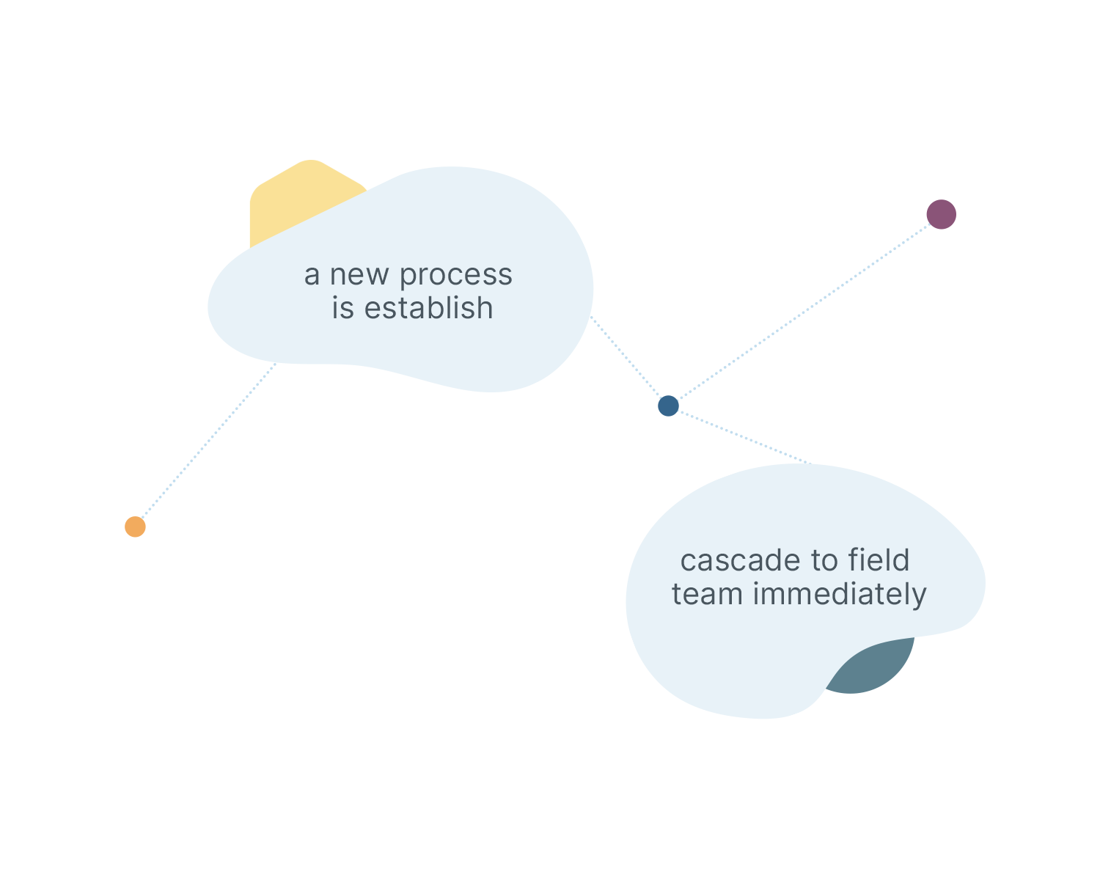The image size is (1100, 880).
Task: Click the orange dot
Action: [x=135, y=527]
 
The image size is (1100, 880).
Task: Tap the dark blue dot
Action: [x=668, y=406]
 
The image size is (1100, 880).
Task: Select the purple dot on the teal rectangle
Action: [x=941, y=214]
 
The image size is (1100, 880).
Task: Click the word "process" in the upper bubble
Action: [x=455, y=276]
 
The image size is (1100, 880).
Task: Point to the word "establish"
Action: [x=428, y=308]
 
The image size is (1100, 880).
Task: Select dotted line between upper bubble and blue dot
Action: [x=627, y=359]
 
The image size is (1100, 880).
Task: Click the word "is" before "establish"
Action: [x=342, y=308]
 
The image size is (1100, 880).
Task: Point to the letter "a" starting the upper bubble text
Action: [x=312, y=276]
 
